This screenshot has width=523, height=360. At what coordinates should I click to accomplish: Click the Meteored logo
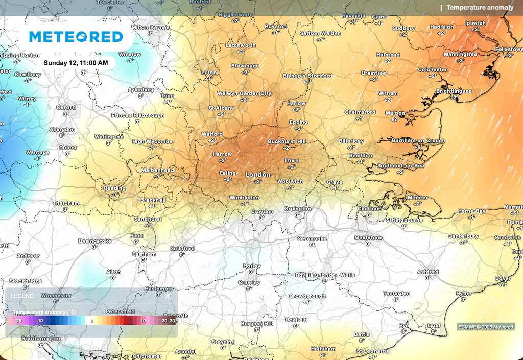[76, 37]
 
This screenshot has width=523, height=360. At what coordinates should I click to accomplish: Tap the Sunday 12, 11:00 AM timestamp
[76, 63]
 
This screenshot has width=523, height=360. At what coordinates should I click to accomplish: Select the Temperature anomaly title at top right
[480, 7]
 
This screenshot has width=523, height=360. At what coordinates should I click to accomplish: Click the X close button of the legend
[168, 296]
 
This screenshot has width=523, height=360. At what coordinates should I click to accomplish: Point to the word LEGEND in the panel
[22, 296]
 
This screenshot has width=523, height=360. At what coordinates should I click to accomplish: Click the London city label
[258, 175]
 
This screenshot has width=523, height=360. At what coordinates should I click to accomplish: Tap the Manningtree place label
[460, 54]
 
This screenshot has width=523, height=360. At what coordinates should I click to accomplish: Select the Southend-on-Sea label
[401, 166]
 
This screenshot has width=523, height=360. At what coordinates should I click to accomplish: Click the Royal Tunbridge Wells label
[325, 275]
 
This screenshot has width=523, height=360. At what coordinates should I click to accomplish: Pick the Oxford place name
[66, 107]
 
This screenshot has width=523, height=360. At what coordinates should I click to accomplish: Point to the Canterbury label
[463, 236]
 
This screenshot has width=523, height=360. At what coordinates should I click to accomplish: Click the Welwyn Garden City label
[244, 94]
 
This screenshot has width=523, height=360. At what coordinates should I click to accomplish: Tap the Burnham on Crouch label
[418, 140]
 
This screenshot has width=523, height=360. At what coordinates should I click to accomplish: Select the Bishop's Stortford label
[307, 76]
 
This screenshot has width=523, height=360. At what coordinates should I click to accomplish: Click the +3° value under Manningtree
[460, 60]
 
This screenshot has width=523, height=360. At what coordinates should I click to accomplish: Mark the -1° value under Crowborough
[307, 302]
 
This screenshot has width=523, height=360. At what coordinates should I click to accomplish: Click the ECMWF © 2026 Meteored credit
[486, 326]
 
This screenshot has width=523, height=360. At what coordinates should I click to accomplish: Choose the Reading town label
[114, 188]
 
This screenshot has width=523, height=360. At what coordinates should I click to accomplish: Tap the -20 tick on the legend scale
[18, 321]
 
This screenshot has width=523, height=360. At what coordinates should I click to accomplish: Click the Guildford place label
[182, 249]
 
